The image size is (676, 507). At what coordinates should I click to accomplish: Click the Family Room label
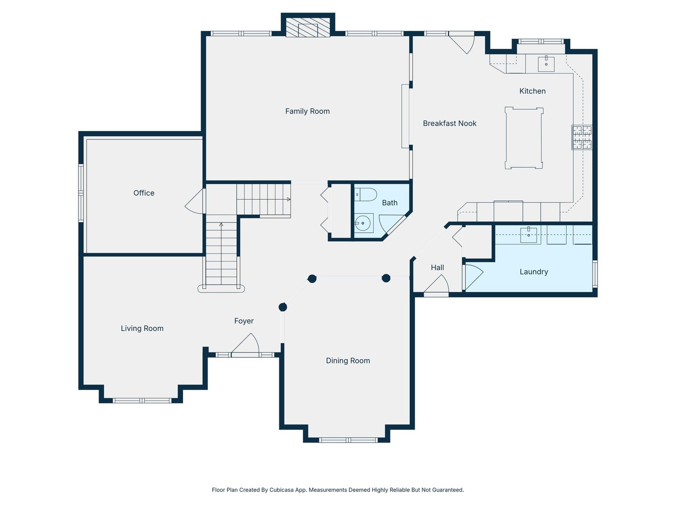pyautogui.click(x=307, y=111)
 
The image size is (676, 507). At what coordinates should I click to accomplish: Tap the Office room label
pyautogui.click(x=144, y=193)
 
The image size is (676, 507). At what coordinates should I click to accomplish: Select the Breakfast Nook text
pyautogui.click(x=449, y=123)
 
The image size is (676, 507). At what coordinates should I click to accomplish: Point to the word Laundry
pyautogui.click(x=534, y=272)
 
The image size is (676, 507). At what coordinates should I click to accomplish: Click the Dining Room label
pyautogui.click(x=348, y=361)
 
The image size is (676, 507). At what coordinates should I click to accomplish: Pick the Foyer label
pyautogui.click(x=244, y=321)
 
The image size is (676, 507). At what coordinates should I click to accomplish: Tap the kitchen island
pyautogui.click(x=523, y=138)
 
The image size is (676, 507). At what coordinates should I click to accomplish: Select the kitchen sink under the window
pyautogui.click(x=546, y=64)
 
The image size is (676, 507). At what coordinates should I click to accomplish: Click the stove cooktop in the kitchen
pyautogui.click(x=582, y=137)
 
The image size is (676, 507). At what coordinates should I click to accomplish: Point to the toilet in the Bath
pyautogui.click(x=365, y=194)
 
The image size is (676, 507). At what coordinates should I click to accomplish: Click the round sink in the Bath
pyautogui.click(x=363, y=223)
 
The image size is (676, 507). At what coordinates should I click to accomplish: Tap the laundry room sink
pyautogui.click(x=529, y=235)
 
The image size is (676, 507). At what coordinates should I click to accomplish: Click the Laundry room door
pyautogui.click(x=473, y=277)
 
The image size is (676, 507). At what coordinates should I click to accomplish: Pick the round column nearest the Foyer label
pyautogui.click(x=283, y=307)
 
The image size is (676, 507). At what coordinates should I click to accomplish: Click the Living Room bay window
pyautogui.click(x=142, y=400)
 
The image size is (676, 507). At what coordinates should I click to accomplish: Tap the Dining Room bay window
pyautogui.click(x=348, y=440)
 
